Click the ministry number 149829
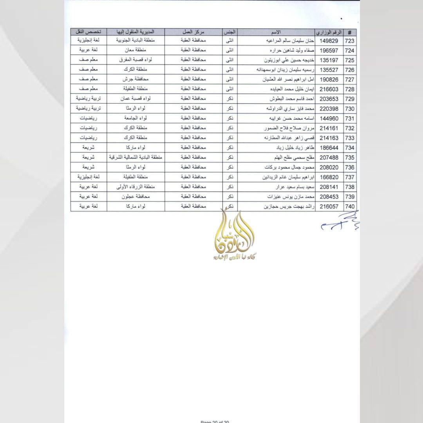pyautogui.click(x=329, y=41)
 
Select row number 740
pyautogui.click(x=350, y=207)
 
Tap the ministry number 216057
pyautogui.click(x=329, y=207)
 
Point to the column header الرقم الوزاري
pyautogui.click(x=329, y=32)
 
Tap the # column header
pyautogui.click(x=350, y=32)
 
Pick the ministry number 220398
pyautogui.click(x=329, y=109)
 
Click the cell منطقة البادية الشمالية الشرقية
pyautogui.click(x=136, y=158)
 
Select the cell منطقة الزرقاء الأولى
pyautogui.click(x=136, y=187)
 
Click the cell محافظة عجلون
pyautogui.click(x=136, y=197)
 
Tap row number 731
pyautogui.click(x=350, y=119)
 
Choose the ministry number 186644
pyautogui.click(x=329, y=148)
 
